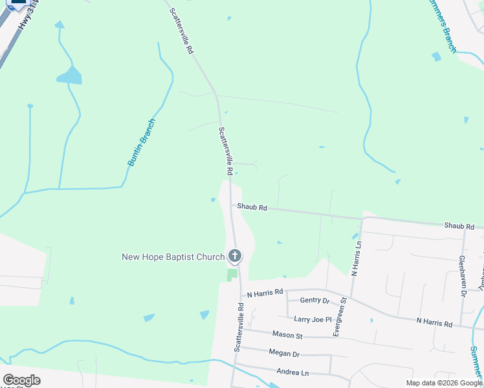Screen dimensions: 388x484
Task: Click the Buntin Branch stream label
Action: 141,143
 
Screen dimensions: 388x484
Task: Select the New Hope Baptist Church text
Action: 173,257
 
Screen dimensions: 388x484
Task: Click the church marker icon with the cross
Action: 234,256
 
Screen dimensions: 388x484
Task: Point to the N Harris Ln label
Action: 355,259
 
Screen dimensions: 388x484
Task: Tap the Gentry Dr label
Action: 314,301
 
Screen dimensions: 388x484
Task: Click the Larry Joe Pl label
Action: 313,319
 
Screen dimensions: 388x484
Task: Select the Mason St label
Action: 287,336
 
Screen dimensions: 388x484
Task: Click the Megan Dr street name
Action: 284,354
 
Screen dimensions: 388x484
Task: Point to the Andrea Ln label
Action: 292,372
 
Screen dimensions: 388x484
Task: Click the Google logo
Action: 21,380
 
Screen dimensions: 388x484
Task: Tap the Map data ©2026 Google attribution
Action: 443,383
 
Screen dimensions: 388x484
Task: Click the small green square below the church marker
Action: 232,275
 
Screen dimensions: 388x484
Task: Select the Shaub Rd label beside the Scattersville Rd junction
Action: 252,208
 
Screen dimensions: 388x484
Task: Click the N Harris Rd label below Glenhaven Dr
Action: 434,321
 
